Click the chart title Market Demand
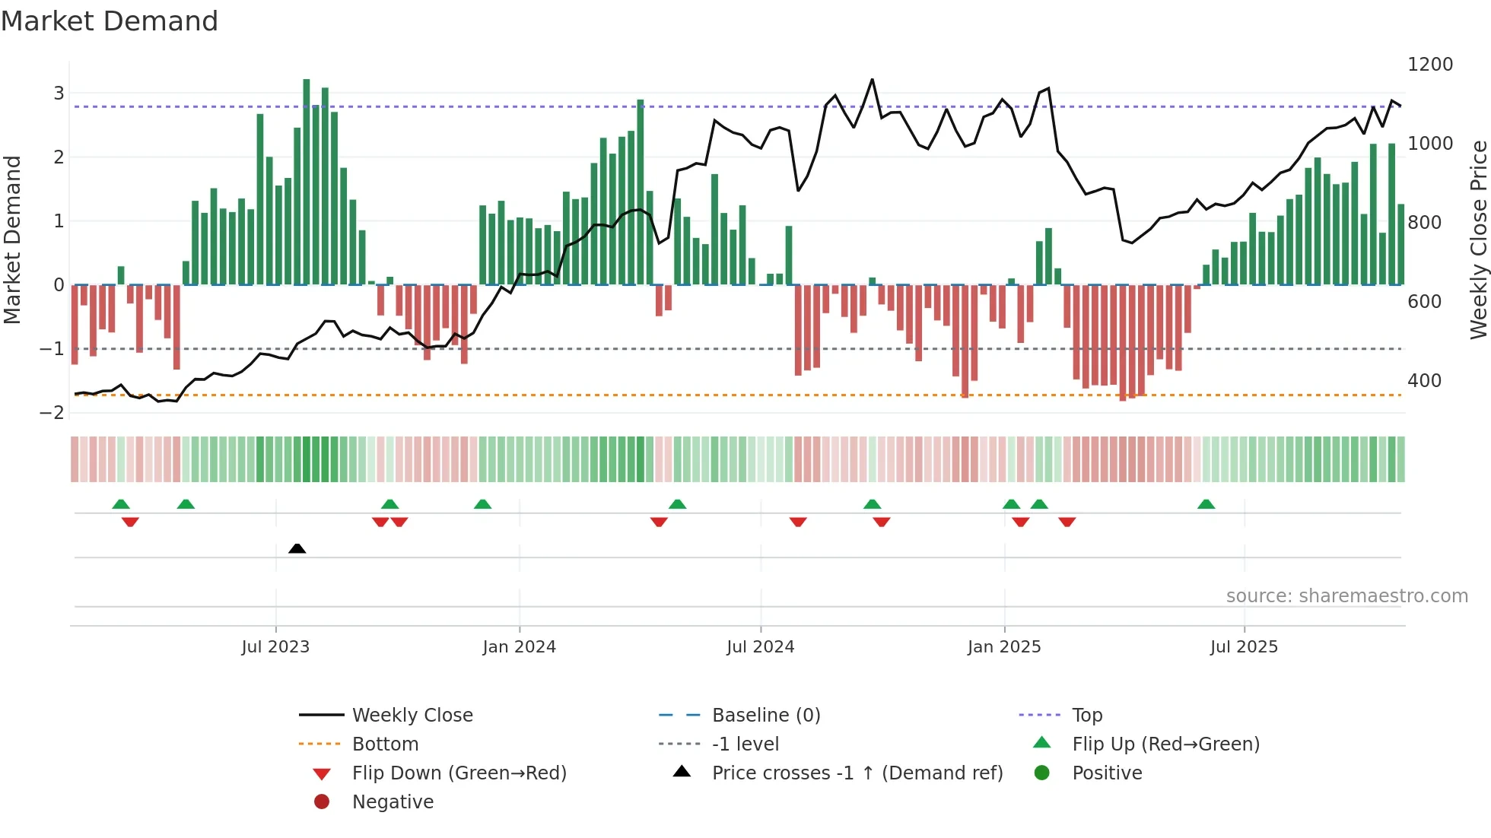pyautogui.click(x=110, y=21)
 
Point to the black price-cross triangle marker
pyautogui.click(x=297, y=548)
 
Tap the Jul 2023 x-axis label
pyautogui.click(x=275, y=647)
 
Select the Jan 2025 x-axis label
pyautogui.click(x=1004, y=647)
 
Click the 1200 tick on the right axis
pyautogui.click(x=1430, y=65)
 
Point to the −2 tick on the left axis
pyautogui.click(x=52, y=413)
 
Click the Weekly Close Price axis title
pyautogui.click(x=1478, y=240)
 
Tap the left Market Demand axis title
pyautogui.click(x=12, y=240)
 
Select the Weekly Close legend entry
pyautogui.click(x=412, y=716)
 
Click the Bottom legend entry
pyautogui.click(x=385, y=744)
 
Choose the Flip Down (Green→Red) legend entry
pyautogui.click(x=459, y=773)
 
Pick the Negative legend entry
pyautogui.click(x=393, y=802)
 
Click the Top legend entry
pyautogui.click(x=1087, y=716)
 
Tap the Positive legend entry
pyautogui.click(x=1107, y=773)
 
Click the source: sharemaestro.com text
pyautogui.click(x=1346, y=596)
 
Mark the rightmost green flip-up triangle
pyautogui.click(x=1206, y=504)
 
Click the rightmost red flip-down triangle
pyautogui.click(x=1067, y=522)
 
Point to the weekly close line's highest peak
pyautogui.click(x=872, y=79)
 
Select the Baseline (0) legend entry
pyautogui.click(x=766, y=716)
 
